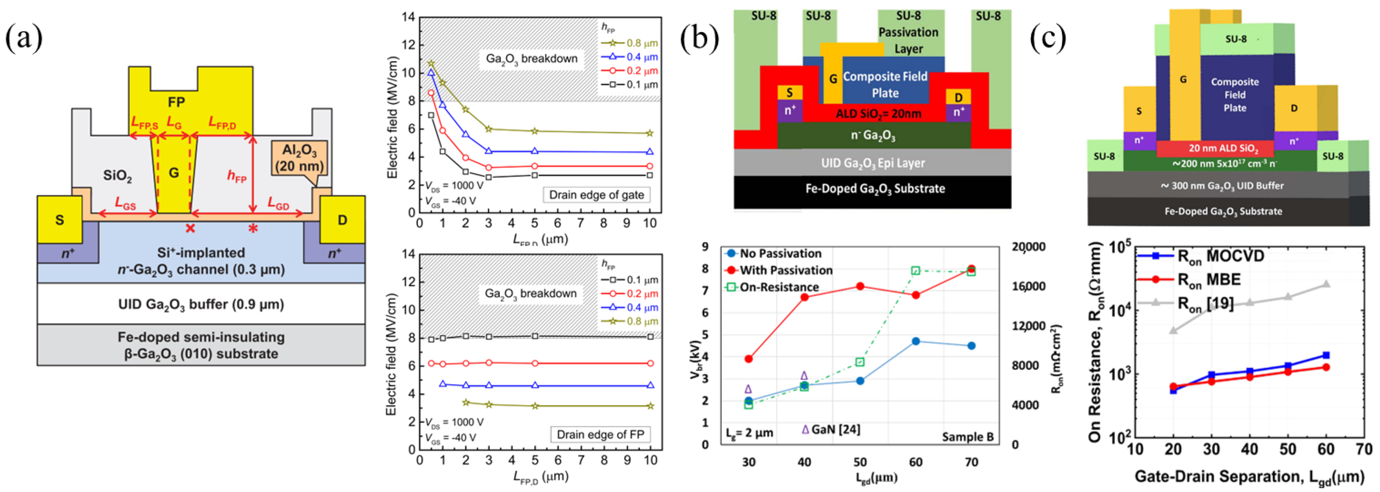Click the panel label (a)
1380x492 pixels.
24,38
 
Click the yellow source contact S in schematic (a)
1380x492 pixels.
60,220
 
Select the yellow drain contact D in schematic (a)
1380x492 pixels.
342,220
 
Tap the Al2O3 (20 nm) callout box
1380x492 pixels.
299,158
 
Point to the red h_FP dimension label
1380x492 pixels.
237,176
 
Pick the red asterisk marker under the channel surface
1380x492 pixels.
253,229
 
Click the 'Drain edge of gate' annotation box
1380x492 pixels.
596,195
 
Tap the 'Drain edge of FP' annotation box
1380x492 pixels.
600,434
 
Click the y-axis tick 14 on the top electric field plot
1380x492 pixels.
408,17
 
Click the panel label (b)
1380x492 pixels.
699,38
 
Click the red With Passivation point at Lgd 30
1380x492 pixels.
748,358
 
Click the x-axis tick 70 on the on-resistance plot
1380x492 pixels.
1364,449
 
